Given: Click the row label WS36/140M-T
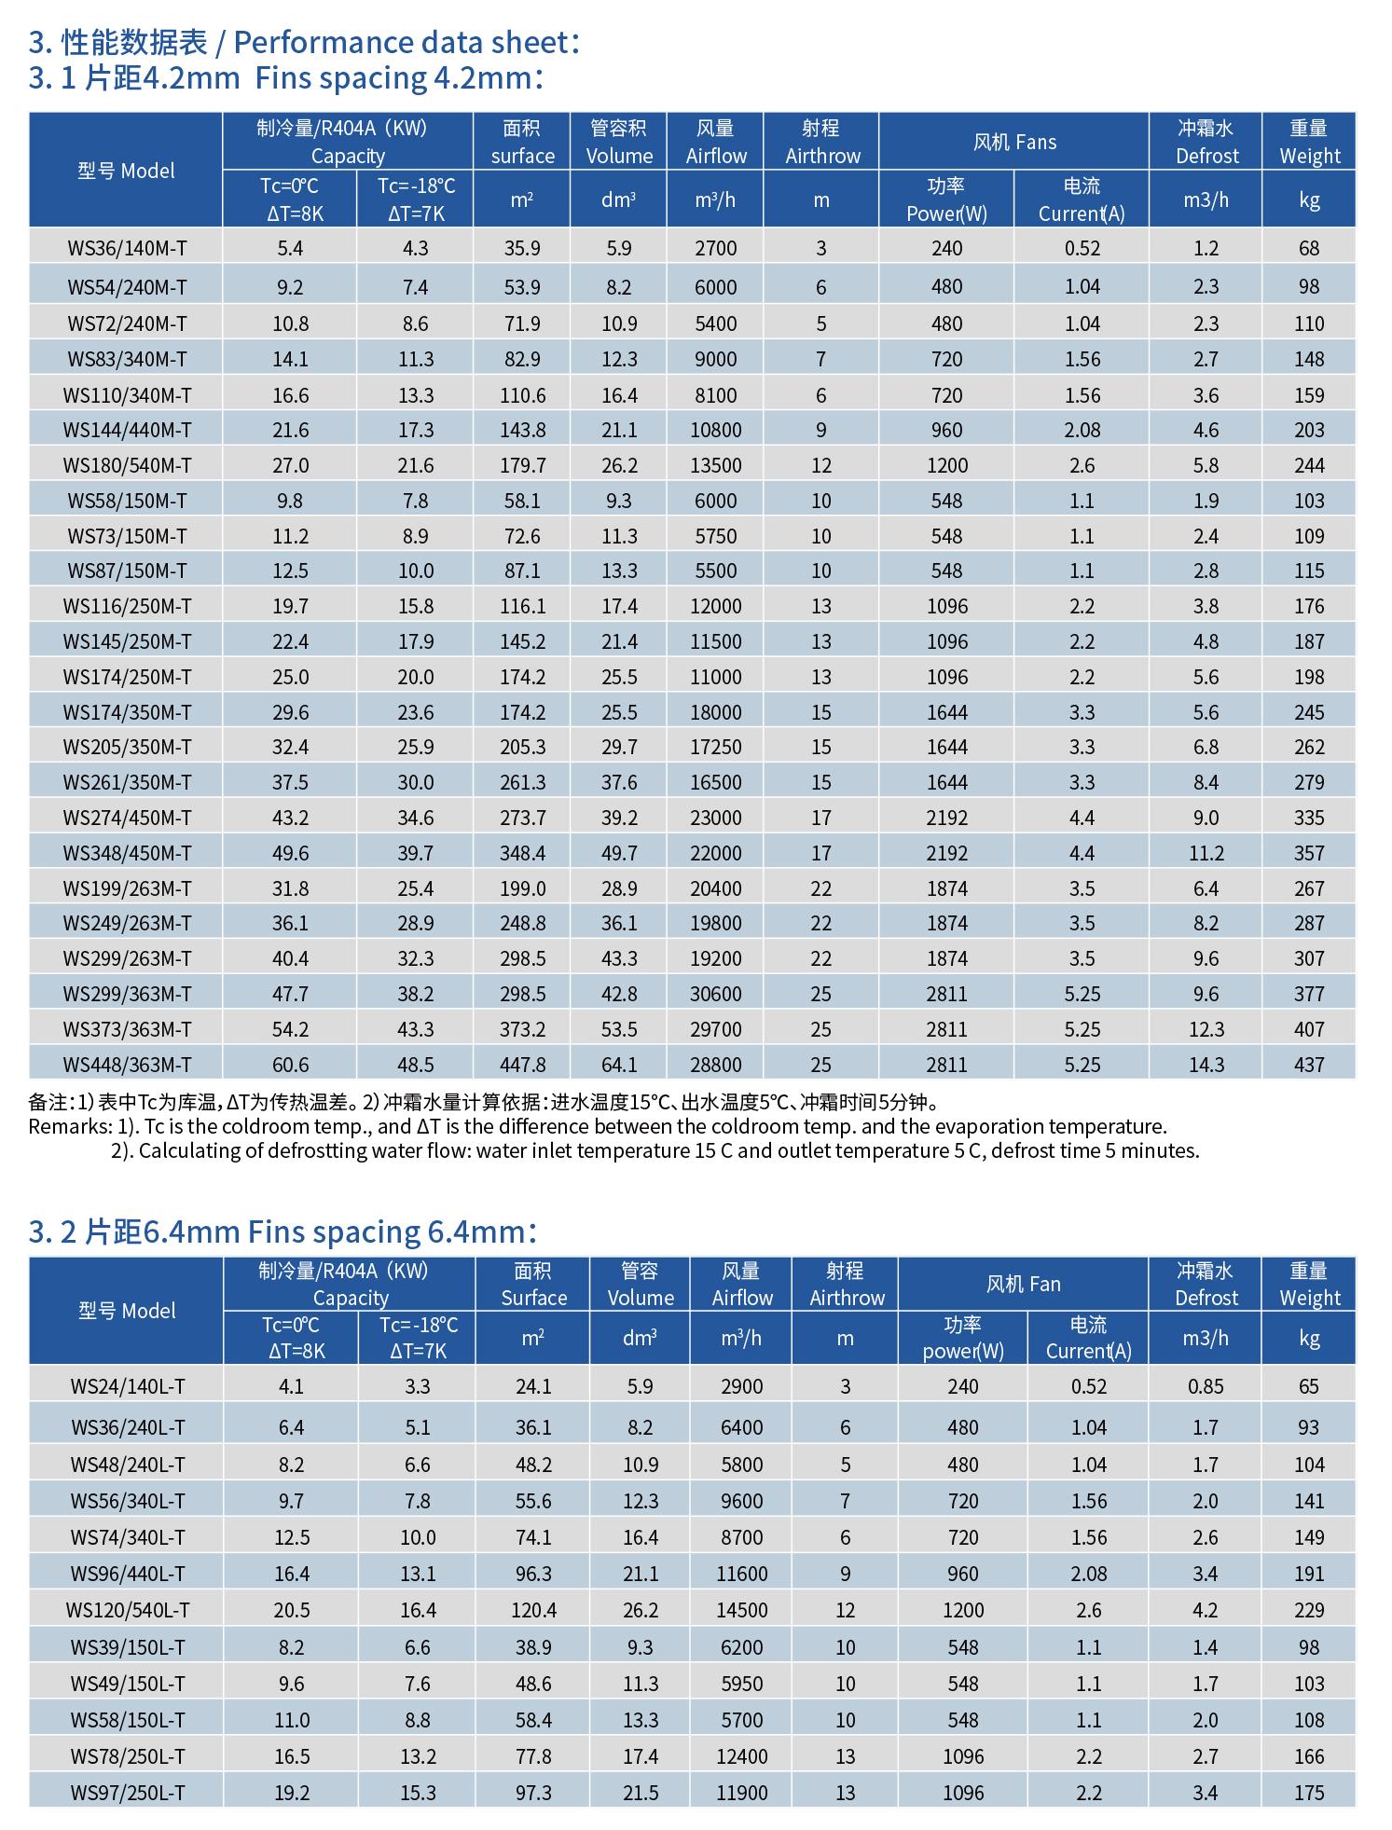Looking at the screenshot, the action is point(127,248).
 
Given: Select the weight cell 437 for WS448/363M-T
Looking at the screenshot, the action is point(1309,1065).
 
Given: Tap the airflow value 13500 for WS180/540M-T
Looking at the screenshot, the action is point(716,465).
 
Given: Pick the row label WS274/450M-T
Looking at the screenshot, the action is point(127,818).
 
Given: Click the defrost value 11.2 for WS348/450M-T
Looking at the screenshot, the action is point(1206,853).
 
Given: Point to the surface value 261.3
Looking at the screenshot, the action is point(522,782).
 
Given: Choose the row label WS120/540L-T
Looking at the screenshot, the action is point(127,1610).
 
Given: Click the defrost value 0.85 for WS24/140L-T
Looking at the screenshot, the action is point(1206,1386).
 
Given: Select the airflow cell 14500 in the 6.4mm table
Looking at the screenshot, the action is point(742,1610).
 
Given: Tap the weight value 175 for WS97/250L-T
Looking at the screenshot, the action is point(1309,1793).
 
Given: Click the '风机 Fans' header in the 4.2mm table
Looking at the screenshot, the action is point(1014,142).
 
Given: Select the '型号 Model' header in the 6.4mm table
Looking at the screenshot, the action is point(127,1311).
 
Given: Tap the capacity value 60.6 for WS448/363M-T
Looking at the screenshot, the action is point(290,1065).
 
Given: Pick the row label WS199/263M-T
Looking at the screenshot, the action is point(127,888).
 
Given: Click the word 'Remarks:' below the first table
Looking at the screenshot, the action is point(70,1127).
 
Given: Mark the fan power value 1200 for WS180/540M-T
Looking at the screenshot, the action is point(946,465).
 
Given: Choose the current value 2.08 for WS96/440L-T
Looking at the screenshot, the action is point(1088,1574).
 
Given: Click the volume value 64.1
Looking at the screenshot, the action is point(619,1065).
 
